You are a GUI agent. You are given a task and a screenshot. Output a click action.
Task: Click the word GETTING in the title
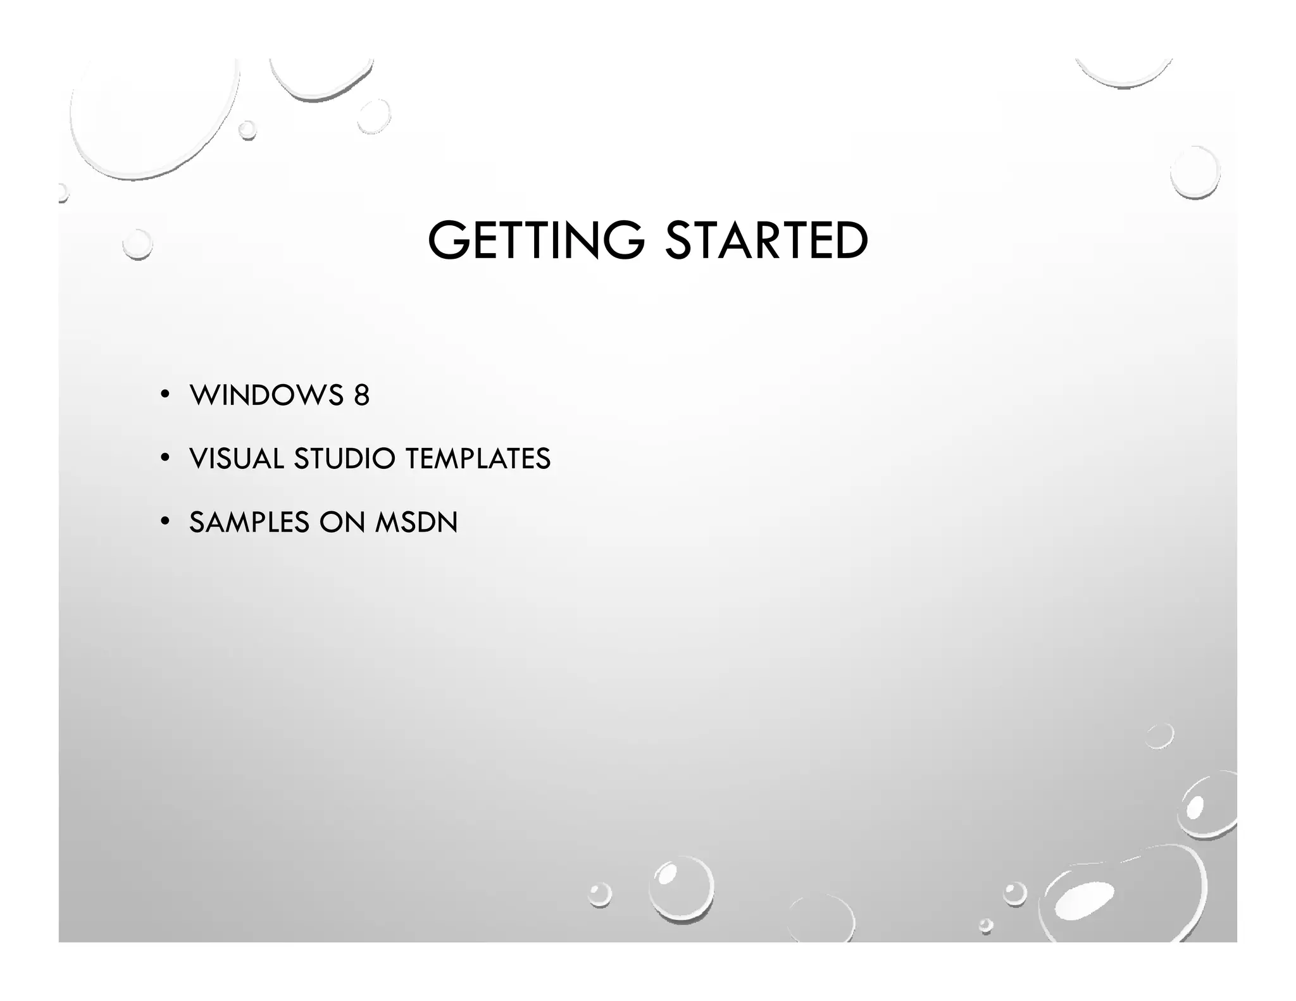coord(535,240)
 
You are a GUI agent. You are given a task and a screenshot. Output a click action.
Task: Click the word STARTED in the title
coord(766,240)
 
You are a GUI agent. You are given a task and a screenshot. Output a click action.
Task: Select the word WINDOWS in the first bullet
coord(266,395)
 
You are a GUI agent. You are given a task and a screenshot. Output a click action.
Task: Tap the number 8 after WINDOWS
coord(361,395)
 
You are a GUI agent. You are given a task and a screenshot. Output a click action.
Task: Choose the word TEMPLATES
coord(478,459)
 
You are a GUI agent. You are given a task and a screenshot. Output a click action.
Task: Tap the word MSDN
coord(416,523)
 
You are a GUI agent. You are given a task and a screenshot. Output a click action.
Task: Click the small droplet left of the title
coord(137,244)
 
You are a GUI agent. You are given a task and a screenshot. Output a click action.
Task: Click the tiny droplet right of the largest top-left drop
coord(247,130)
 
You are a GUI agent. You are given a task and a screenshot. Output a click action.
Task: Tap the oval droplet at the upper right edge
coord(1194,172)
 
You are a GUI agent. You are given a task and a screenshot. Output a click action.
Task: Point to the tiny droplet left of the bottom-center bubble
coord(599,895)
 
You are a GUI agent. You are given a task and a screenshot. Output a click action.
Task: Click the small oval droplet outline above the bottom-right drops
coord(1159,736)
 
